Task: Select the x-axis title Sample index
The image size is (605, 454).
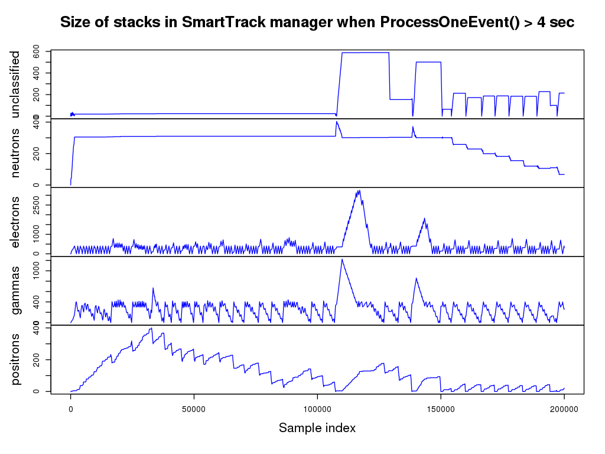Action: tap(317, 427)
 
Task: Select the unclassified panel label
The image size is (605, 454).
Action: tap(16, 84)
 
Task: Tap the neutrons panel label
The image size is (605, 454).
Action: tap(16, 153)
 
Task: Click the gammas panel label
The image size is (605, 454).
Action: tap(16, 290)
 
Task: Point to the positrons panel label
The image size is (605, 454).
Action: tap(16, 359)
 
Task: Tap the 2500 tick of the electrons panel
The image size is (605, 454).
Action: tap(37, 205)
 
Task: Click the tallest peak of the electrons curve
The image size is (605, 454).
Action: tap(359, 191)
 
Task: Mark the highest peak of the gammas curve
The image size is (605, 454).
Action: tap(341, 259)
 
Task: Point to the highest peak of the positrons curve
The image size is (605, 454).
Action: tap(152, 328)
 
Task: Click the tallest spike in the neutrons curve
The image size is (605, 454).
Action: tap(336, 122)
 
